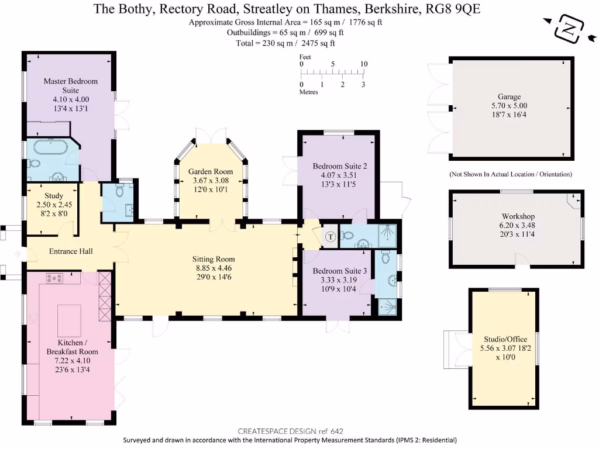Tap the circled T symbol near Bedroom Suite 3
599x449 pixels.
click(330, 237)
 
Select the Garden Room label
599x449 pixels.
click(211, 171)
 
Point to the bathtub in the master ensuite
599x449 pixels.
click(52, 146)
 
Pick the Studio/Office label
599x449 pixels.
click(505, 339)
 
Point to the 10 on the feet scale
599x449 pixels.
click(363, 64)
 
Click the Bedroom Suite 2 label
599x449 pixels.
click(335, 165)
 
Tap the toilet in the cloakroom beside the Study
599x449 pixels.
click(119, 191)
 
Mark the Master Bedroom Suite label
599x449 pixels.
click(70, 85)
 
